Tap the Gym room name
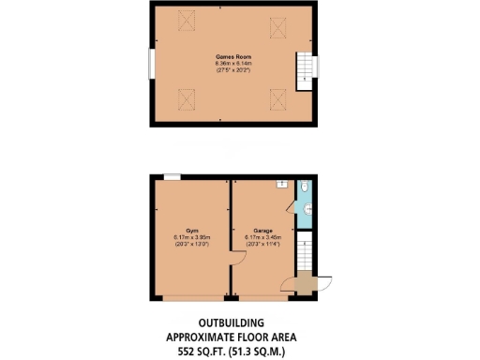tap(191, 230)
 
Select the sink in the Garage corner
tap(281, 185)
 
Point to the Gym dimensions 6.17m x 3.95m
tap(191, 237)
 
